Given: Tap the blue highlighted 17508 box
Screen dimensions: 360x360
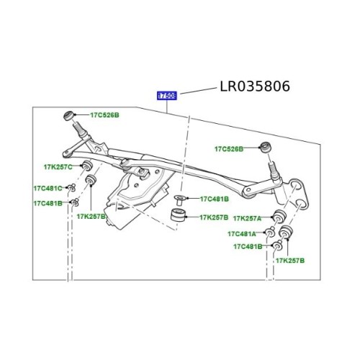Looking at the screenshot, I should [168, 94].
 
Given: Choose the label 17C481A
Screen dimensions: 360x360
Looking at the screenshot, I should [243, 233].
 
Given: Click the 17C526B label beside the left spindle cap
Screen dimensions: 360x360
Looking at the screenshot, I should [104, 115].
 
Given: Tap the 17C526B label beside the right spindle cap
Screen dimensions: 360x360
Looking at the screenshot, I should [228, 149].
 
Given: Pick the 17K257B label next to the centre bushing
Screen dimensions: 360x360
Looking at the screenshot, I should [214, 217].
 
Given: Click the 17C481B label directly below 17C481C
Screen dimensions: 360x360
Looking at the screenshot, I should [47, 203].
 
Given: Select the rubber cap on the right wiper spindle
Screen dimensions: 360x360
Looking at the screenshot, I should [265, 148].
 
